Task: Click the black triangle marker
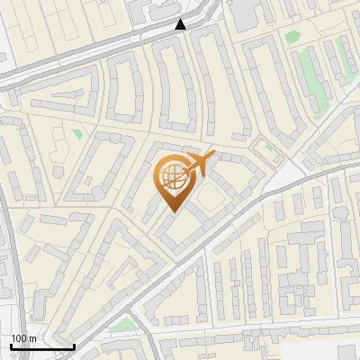[181, 24]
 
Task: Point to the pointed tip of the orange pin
[172, 211]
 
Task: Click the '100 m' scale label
[23, 338]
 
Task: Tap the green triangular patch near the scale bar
[123, 323]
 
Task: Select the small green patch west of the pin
[76, 134]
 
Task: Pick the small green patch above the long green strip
[292, 37]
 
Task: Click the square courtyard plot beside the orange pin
[211, 195]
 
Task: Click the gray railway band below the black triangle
[135, 42]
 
